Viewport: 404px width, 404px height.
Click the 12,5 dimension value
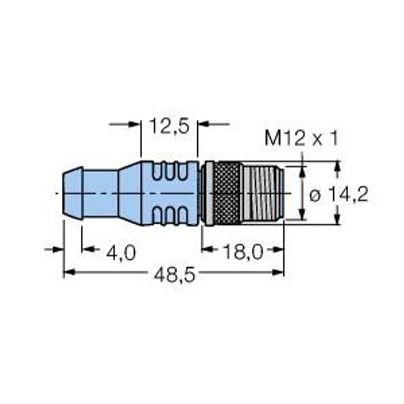click(170, 126)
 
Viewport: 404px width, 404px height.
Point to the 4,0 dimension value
click(121, 252)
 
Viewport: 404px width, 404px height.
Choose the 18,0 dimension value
click(244, 252)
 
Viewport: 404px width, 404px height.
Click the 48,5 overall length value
click(174, 275)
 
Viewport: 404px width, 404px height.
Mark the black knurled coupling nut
click(228, 193)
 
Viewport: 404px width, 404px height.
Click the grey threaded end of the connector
click(263, 193)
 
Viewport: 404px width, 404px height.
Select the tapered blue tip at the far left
click(73, 193)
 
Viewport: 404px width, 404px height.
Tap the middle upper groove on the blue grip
click(170, 172)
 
